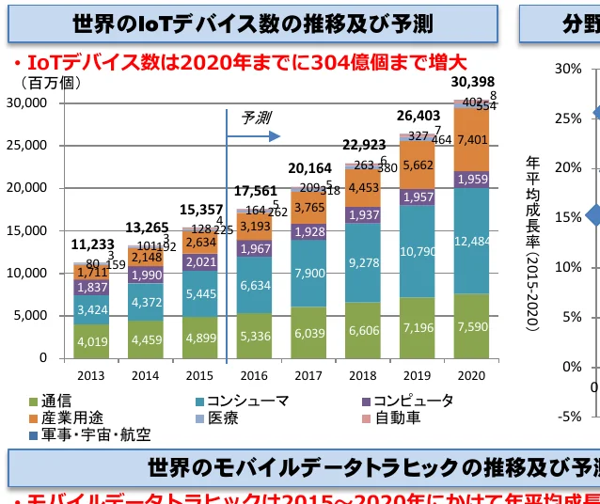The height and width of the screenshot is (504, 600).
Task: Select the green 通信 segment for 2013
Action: click(x=92, y=341)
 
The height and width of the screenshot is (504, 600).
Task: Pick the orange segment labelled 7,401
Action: click(x=471, y=140)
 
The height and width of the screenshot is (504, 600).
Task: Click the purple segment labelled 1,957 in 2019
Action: click(x=418, y=197)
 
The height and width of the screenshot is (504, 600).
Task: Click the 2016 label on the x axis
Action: click(x=255, y=376)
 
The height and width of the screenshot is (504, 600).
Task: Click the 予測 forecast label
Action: click(x=256, y=118)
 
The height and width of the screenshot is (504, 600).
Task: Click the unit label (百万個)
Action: click(x=43, y=83)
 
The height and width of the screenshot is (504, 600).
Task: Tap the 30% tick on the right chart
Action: click(x=567, y=69)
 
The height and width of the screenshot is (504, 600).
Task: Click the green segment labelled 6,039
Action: click(x=308, y=333)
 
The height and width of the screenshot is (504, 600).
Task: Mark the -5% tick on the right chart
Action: click(x=567, y=417)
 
